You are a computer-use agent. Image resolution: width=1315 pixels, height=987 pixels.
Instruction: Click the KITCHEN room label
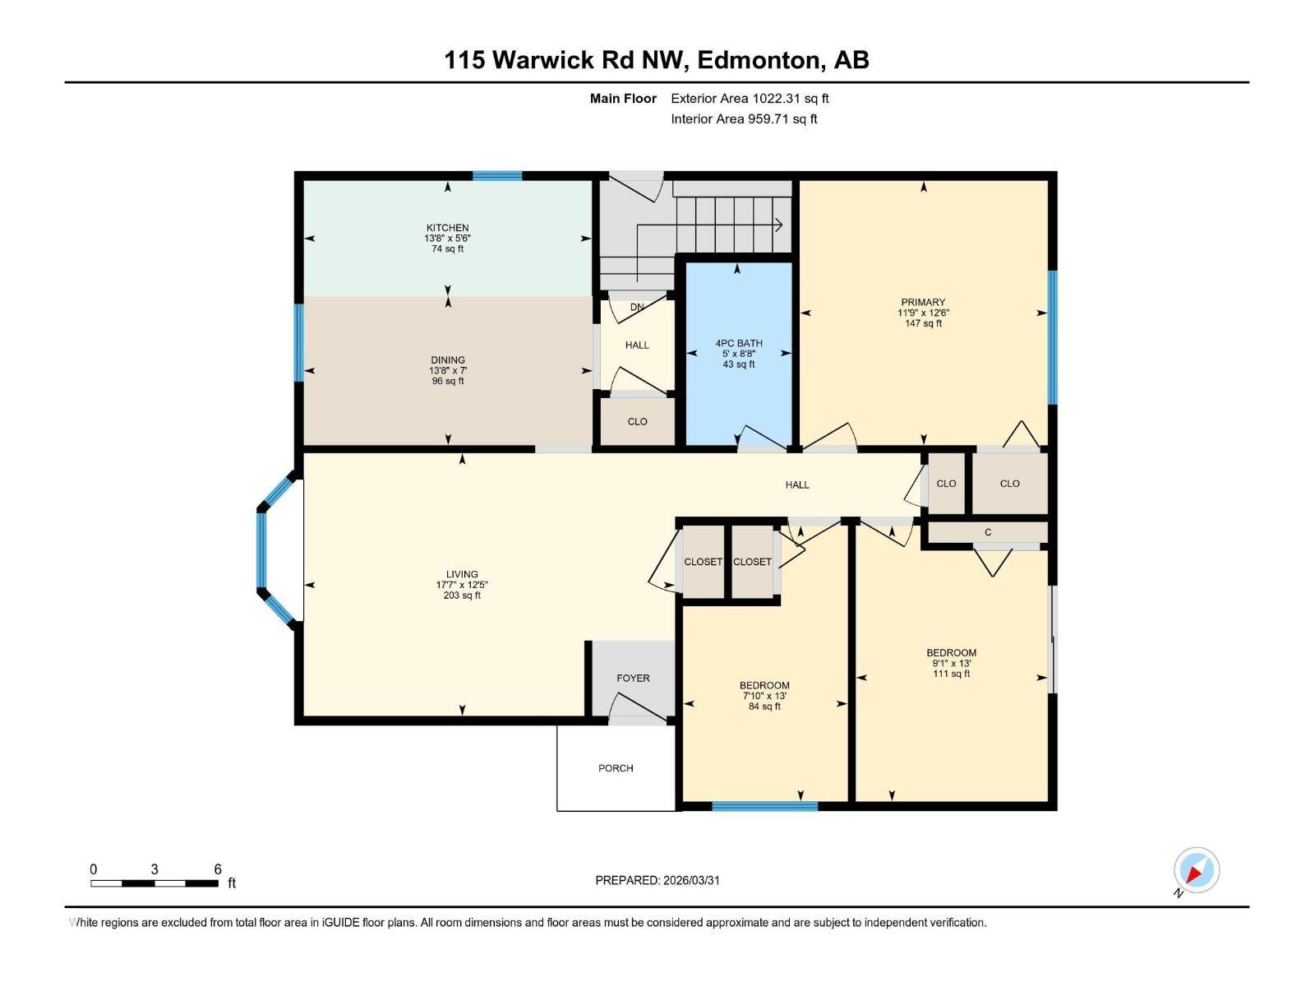[x=447, y=228]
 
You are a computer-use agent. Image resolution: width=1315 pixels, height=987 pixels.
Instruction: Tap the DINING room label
[x=448, y=359]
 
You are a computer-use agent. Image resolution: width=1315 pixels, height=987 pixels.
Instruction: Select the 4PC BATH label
[x=739, y=343]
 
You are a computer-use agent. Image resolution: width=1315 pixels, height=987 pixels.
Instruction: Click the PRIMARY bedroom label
[x=923, y=302]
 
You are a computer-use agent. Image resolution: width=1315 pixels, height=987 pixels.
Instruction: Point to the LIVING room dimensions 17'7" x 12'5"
[x=462, y=585]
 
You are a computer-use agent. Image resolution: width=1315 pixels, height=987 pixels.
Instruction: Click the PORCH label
[x=616, y=768]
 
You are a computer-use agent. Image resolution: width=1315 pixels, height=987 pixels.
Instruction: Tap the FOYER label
[x=633, y=679]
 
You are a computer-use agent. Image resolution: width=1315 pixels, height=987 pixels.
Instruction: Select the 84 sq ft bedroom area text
[x=764, y=707]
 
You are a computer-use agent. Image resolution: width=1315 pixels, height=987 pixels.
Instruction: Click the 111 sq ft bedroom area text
[x=951, y=674]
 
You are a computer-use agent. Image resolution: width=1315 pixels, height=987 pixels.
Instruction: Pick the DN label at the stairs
[x=637, y=308]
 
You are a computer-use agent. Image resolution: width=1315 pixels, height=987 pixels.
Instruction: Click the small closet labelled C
[x=988, y=532]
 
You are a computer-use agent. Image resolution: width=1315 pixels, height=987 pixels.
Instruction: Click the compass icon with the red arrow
[x=1196, y=870]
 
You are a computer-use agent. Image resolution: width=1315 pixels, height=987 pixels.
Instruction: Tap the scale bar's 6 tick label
[x=218, y=869]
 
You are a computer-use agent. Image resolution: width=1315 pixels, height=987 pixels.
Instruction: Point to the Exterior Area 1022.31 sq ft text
[x=750, y=98]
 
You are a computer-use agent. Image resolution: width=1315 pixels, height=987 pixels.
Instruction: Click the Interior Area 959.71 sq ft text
[x=744, y=118]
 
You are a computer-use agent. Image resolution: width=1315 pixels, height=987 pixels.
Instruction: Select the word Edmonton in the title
[x=760, y=60]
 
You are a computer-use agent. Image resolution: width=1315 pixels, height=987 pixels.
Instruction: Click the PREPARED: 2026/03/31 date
[x=657, y=880]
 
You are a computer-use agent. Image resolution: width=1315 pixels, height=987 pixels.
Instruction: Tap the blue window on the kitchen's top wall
[x=497, y=175]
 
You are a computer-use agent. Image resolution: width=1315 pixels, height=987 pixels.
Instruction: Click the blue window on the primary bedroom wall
[x=1052, y=337]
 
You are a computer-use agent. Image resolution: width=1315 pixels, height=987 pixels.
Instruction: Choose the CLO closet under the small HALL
[x=637, y=421]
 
